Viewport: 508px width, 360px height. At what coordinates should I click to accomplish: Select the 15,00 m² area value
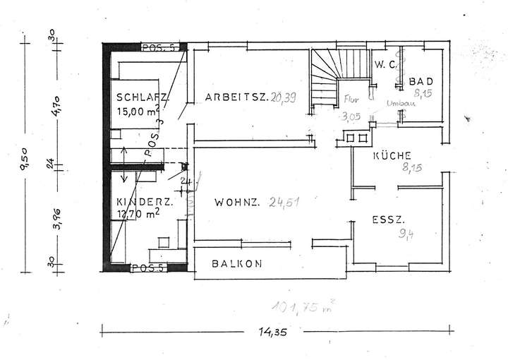point(138,111)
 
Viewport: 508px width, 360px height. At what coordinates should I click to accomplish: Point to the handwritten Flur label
point(351,98)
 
